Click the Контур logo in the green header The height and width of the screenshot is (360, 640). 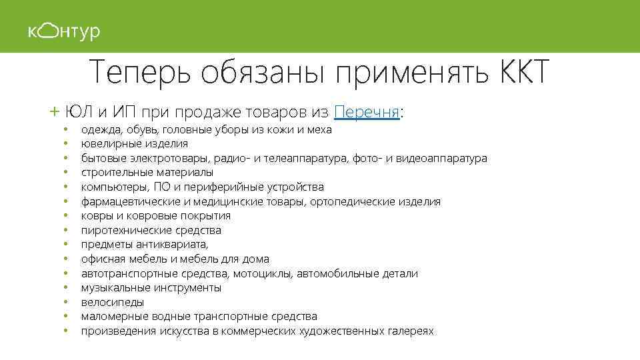click(64, 31)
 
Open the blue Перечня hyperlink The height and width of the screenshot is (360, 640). click(367, 111)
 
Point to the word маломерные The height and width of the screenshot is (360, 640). click(112, 316)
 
